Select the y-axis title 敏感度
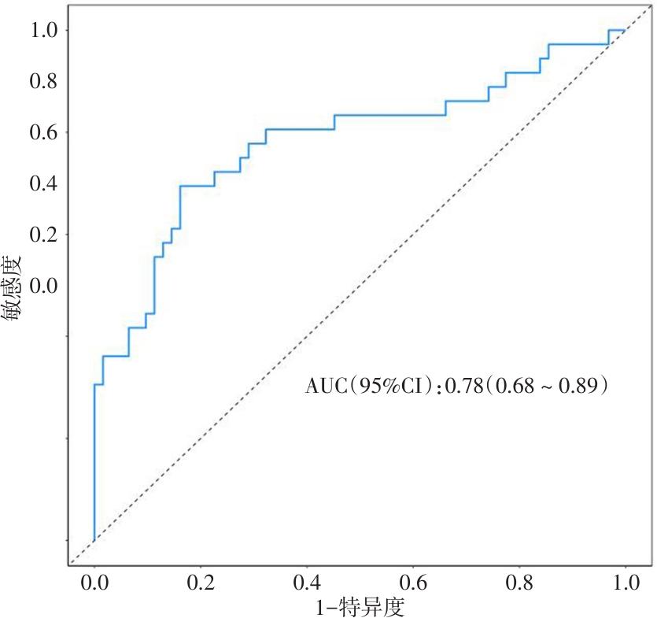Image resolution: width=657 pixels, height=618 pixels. point(13,289)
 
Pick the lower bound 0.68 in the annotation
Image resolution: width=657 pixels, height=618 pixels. point(514,386)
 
